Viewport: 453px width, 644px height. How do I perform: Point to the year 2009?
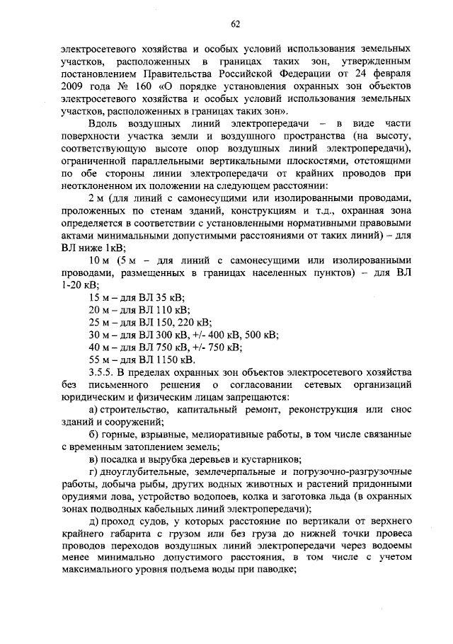(72, 87)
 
